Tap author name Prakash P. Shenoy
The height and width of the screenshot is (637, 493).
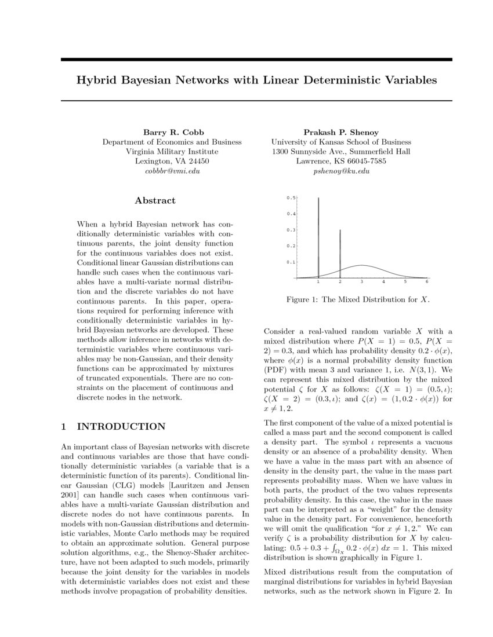341,132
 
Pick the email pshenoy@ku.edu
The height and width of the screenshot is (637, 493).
341,171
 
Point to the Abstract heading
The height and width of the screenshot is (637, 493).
155,200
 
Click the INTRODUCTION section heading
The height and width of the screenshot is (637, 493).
121,427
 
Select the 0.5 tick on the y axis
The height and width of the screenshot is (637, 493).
291,198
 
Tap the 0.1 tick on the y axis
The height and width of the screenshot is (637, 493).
291,262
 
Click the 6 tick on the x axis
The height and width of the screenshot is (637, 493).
427,282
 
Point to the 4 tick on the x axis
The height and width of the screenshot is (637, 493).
383,282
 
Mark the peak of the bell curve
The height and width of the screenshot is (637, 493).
361,265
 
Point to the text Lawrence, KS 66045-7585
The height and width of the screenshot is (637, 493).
341,161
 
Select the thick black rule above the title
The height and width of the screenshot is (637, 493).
256,60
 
